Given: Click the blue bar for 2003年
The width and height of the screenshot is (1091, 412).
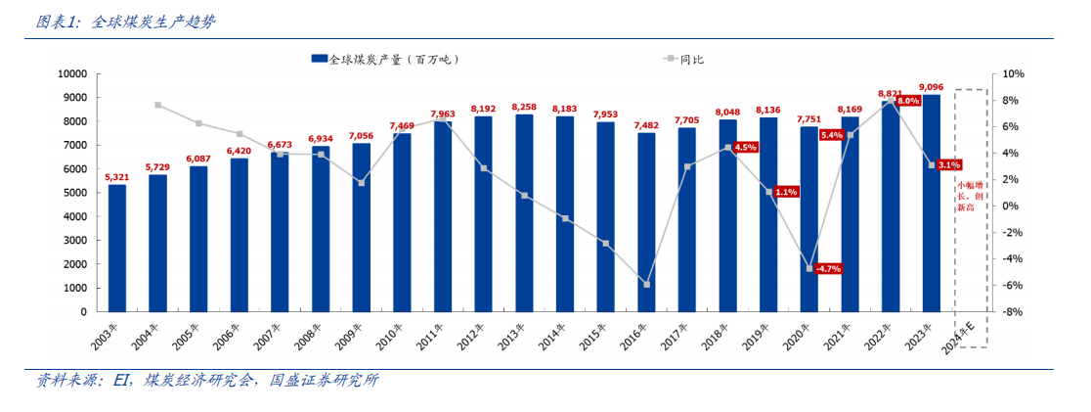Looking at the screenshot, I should tap(117, 248).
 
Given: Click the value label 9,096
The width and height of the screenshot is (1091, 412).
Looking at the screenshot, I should tap(932, 84).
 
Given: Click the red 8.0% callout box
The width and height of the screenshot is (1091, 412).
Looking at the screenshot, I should tap(908, 101).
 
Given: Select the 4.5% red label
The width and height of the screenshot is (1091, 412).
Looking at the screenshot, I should tap(746, 147).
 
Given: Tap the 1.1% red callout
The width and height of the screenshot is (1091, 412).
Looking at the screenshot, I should tap(786, 192).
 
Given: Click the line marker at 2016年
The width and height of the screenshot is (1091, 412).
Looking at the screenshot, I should tap(646, 285).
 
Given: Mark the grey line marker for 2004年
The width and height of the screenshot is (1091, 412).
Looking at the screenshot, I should tap(157, 105).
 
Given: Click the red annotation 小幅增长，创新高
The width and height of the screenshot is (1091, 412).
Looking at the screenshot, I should tap(970, 196).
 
